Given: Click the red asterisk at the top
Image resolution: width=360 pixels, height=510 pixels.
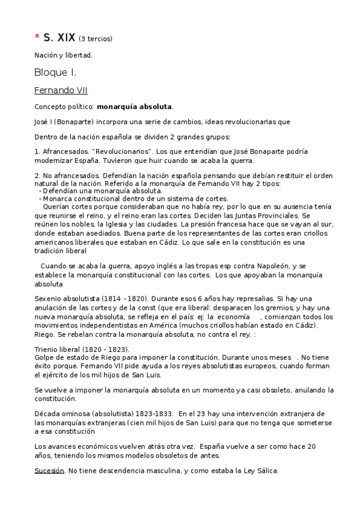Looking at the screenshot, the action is [37, 37].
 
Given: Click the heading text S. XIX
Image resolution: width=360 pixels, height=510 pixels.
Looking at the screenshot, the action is [59, 37].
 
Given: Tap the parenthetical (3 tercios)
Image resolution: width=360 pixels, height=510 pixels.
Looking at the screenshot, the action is [96, 39].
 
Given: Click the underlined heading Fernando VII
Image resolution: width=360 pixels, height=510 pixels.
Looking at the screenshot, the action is [61, 91].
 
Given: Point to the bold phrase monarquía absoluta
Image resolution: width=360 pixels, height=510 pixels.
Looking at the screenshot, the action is [135, 106].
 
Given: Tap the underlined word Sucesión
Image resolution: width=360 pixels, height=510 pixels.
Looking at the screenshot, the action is [49, 471].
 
